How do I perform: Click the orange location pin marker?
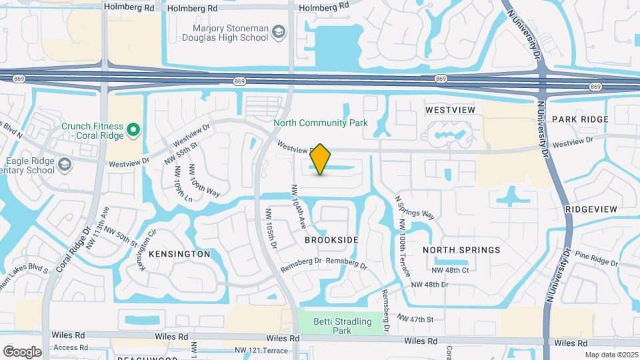pyautogui.click(x=320, y=159)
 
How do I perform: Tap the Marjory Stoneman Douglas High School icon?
pyautogui.click(x=278, y=32)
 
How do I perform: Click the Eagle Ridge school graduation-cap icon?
pyautogui.click(x=64, y=163)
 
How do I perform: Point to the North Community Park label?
pyautogui.click(x=320, y=123)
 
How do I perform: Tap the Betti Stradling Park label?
pyautogui.click(x=343, y=326)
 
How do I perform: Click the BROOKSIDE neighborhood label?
pyautogui.click(x=331, y=239)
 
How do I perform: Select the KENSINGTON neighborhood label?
pyautogui.click(x=179, y=254)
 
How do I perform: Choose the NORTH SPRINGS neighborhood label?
pyautogui.click(x=461, y=250)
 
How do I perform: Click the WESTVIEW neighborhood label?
pyautogui.click(x=450, y=109)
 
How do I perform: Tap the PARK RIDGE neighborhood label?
pyautogui.click(x=580, y=119)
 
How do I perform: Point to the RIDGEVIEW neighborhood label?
pyautogui.click(x=591, y=209)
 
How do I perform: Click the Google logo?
pyautogui.click(x=22, y=351)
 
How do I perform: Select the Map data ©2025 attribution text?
pyautogui.click(x=610, y=355)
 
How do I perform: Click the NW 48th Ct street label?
pyautogui.click(x=451, y=270)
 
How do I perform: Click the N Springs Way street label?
pyautogui.click(x=415, y=207)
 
